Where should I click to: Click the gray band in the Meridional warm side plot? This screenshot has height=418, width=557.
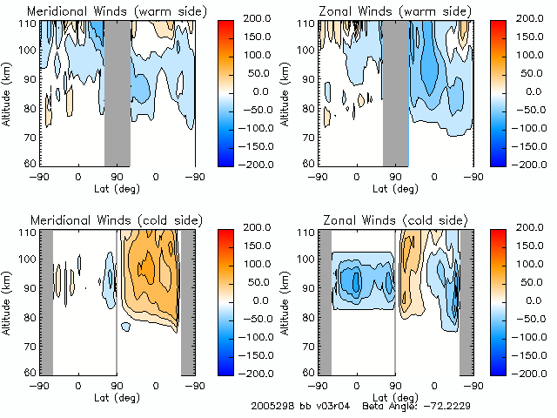pos(117,91)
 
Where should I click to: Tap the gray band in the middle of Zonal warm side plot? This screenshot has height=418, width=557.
pos(395,91)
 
